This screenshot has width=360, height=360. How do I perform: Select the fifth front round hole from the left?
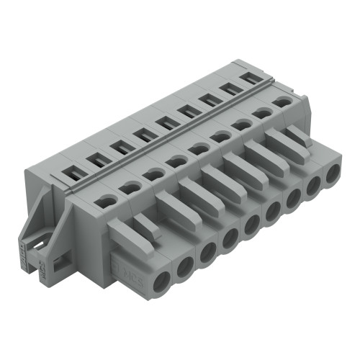point(250,224)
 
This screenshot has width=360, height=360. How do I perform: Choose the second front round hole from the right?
point(313,188)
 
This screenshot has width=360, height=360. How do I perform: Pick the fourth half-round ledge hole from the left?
point(175,161)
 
